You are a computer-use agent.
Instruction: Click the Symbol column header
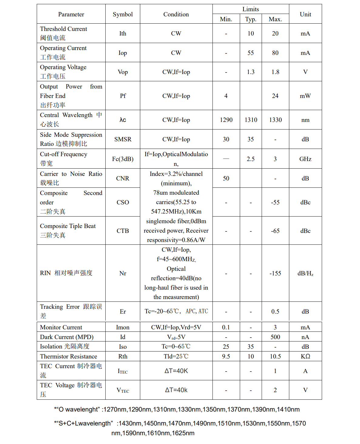tap(123, 14)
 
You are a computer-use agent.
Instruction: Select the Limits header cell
tap(250, 9)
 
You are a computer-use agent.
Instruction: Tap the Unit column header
tap(305, 14)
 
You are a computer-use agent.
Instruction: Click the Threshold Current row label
tap(63, 29)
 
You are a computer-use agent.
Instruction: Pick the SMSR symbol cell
tap(123, 139)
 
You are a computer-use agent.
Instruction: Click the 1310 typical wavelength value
tap(251, 120)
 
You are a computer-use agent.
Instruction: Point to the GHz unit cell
tap(305, 159)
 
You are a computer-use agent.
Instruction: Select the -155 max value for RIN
tap(275, 273)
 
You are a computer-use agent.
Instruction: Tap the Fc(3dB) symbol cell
tap(123, 159)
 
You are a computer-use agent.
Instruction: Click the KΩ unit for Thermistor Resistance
tap(305, 356)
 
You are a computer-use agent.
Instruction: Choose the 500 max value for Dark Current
tap(275, 337)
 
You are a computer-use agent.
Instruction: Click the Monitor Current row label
tap(61, 327)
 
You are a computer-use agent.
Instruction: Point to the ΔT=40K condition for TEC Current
tap(176, 371)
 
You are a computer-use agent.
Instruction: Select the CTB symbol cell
tap(123, 231)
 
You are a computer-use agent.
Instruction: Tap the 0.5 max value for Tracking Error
tap(275, 311)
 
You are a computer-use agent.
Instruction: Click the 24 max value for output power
tap(275, 96)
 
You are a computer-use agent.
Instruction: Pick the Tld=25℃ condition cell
tap(176, 356)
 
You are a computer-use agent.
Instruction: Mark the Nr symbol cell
tap(123, 273)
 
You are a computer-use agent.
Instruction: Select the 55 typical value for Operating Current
tap(250, 53)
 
